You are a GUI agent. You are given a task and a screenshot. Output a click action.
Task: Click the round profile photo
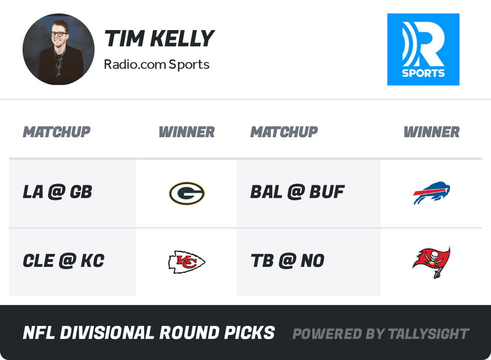59,49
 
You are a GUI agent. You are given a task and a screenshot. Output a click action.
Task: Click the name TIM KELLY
159,39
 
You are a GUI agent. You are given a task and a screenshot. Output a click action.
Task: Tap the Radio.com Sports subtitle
156,65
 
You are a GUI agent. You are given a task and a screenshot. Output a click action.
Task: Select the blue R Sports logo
423,49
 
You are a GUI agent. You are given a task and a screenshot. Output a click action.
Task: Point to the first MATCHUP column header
57,132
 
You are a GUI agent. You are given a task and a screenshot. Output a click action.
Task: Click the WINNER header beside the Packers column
186,132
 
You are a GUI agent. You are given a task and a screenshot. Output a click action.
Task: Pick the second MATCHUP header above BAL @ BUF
284,132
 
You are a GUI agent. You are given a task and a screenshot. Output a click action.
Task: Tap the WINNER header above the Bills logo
431,132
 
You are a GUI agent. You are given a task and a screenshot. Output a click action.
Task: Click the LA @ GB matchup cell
58,192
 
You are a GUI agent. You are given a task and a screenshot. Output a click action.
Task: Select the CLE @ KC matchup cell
64,261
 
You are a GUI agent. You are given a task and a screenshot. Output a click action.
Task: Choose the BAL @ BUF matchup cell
298,192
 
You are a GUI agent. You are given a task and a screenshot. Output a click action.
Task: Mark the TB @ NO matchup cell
288,261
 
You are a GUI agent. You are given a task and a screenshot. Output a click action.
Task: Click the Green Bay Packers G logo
186,193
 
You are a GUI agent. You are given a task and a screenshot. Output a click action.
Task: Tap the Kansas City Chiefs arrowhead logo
186,262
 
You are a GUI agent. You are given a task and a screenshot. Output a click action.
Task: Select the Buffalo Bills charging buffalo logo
431,193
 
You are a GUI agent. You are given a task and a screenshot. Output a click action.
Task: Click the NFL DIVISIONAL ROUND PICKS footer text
149,333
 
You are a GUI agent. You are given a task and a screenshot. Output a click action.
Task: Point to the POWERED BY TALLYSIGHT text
381,334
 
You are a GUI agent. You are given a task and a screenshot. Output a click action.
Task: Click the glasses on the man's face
58,34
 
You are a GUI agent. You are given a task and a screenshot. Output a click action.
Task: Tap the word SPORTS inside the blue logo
423,73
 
